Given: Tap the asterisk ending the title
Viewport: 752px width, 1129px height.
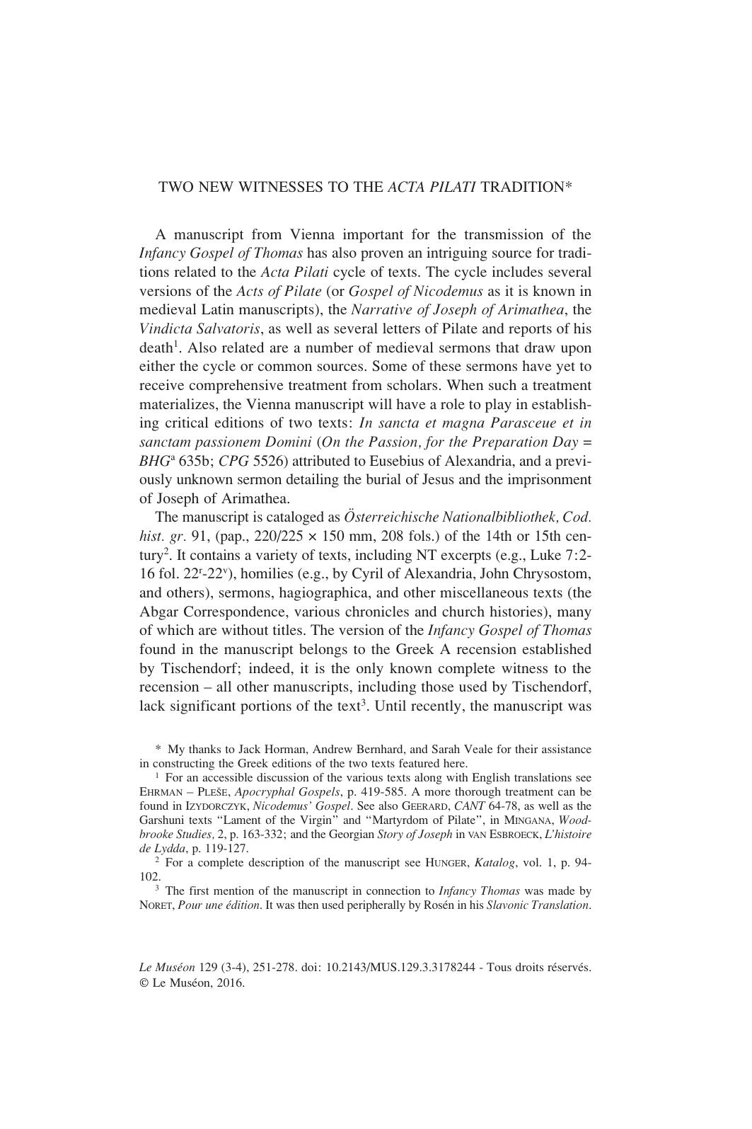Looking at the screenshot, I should (567, 187).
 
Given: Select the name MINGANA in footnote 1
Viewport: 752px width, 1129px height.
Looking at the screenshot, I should (529, 820).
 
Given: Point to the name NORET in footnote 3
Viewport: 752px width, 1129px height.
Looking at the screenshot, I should (156, 905).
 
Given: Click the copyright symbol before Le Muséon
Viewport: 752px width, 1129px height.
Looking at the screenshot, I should (144, 982).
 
